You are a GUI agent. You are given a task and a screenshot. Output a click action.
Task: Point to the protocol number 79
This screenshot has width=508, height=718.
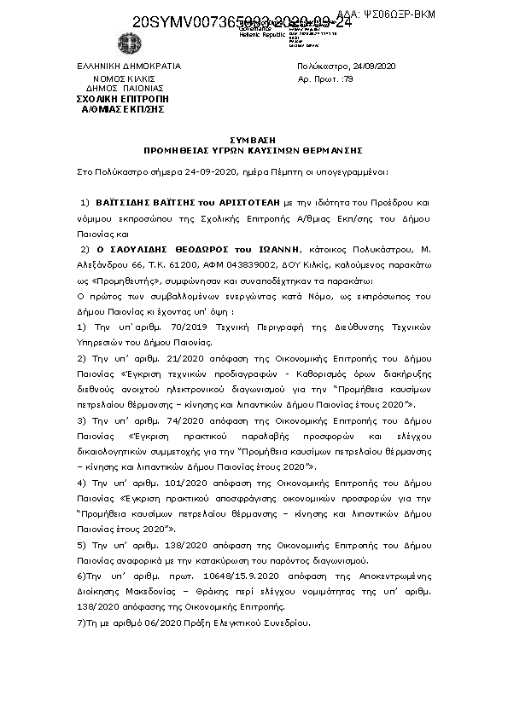[347, 78]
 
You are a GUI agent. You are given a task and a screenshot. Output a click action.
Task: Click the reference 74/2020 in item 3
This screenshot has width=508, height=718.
[155, 420]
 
